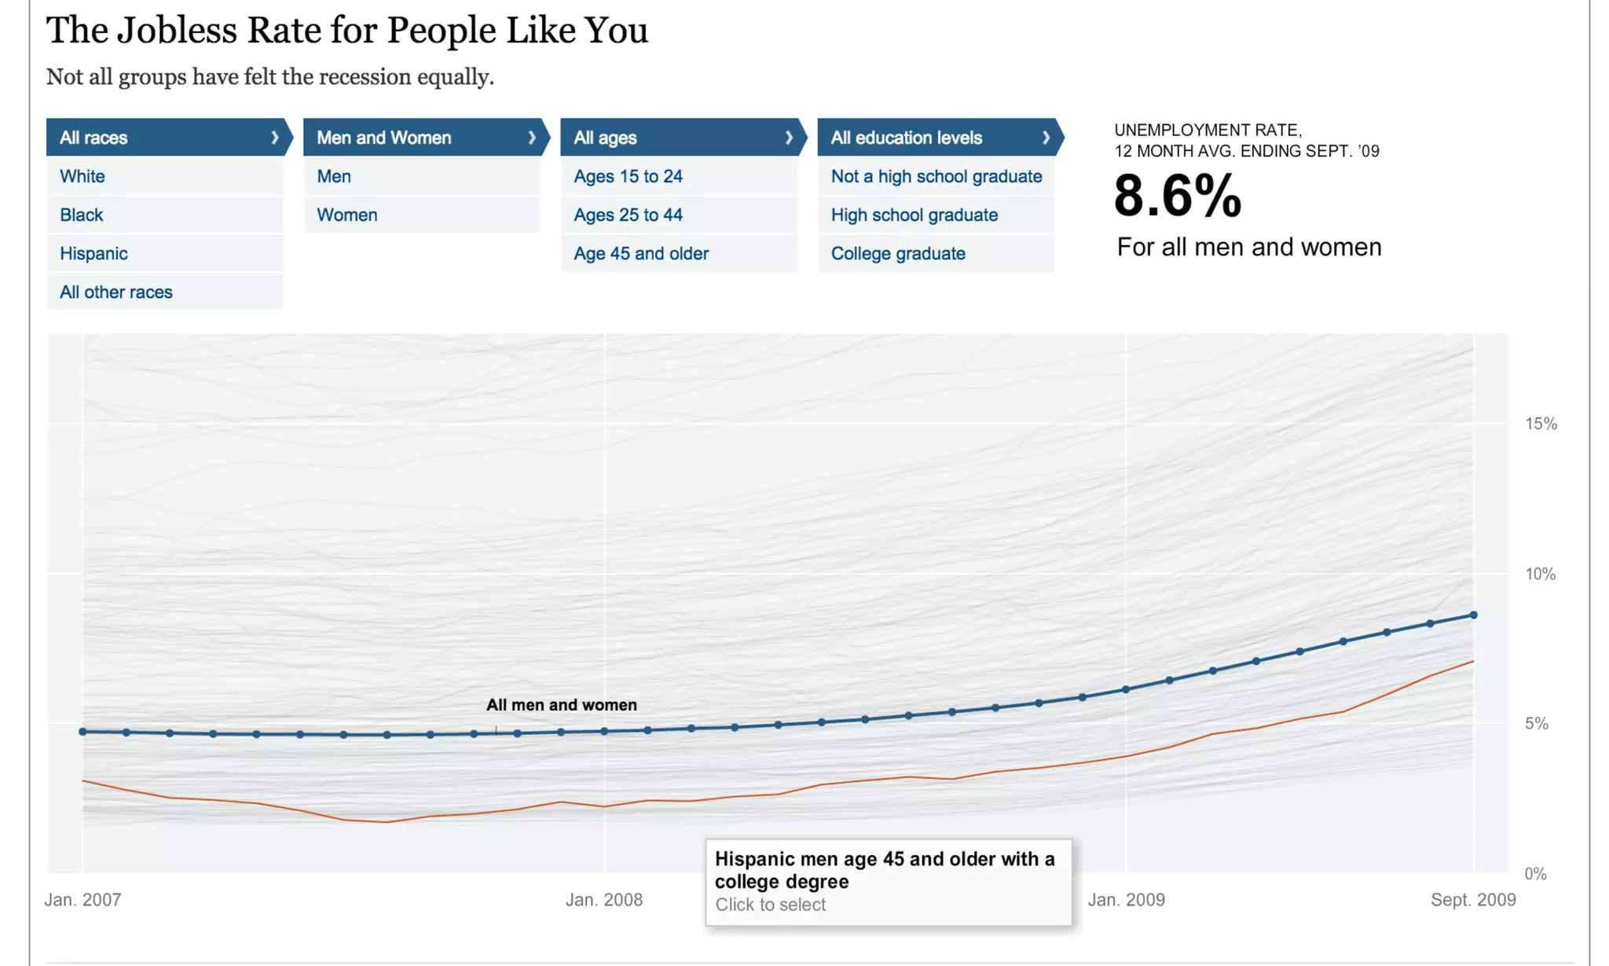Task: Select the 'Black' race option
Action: click(x=82, y=215)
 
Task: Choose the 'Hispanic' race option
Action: click(x=93, y=253)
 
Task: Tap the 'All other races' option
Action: click(x=116, y=292)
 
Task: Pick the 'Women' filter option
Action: click(x=347, y=215)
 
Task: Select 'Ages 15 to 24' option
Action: click(x=629, y=176)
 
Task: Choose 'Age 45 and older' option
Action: click(x=641, y=253)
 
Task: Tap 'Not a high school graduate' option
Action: click(x=936, y=176)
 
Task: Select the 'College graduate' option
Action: click(x=898, y=253)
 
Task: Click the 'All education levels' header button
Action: click(x=937, y=138)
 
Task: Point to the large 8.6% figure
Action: click(x=1178, y=196)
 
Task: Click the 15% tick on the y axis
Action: click(x=1541, y=424)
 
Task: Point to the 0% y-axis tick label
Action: click(x=1535, y=873)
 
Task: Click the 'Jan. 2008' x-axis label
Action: click(x=604, y=899)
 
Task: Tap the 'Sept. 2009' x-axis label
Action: click(x=1473, y=899)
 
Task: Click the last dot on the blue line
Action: click(x=1473, y=615)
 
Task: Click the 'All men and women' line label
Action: click(x=562, y=705)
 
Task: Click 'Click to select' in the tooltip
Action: click(x=770, y=905)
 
